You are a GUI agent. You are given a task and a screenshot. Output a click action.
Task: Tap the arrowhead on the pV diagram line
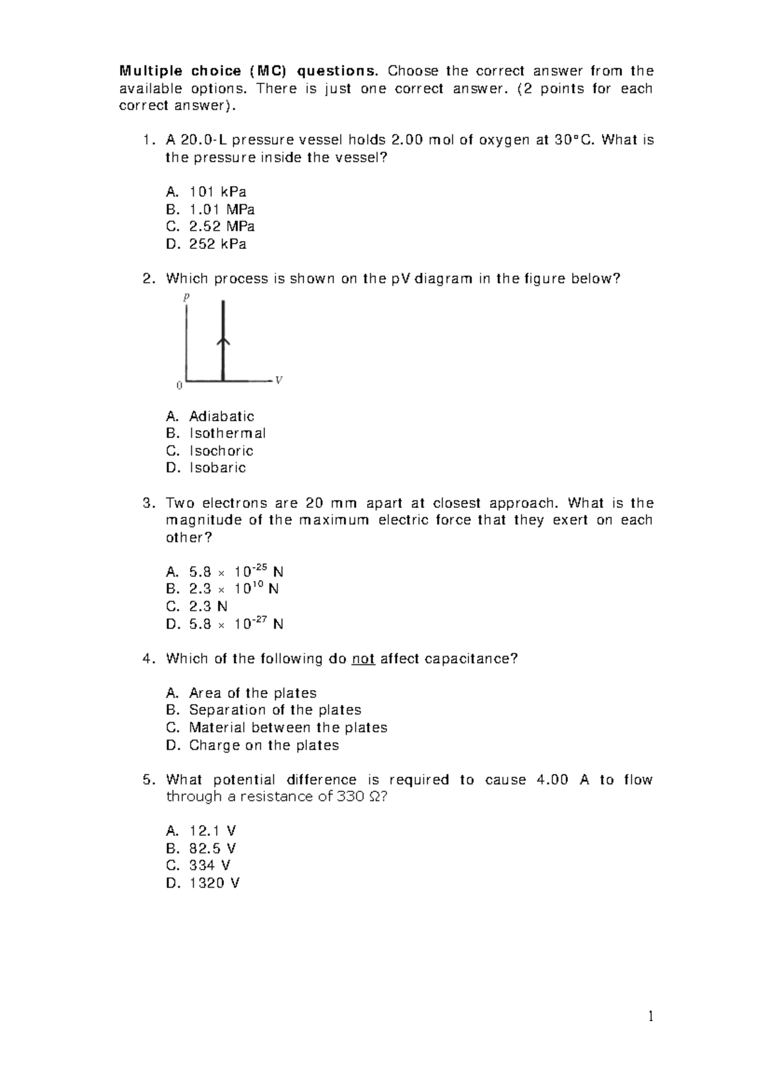(x=223, y=342)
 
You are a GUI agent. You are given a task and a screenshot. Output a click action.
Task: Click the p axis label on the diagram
(x=187, y=297)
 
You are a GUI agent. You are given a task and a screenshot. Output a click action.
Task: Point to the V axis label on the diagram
(x=278, y=380)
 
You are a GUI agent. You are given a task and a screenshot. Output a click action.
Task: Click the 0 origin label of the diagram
(x=179, y=386)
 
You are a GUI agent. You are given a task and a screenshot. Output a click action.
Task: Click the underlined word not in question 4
(x=364, y=659)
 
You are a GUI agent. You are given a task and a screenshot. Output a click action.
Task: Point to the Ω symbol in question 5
(x=375, y=797)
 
